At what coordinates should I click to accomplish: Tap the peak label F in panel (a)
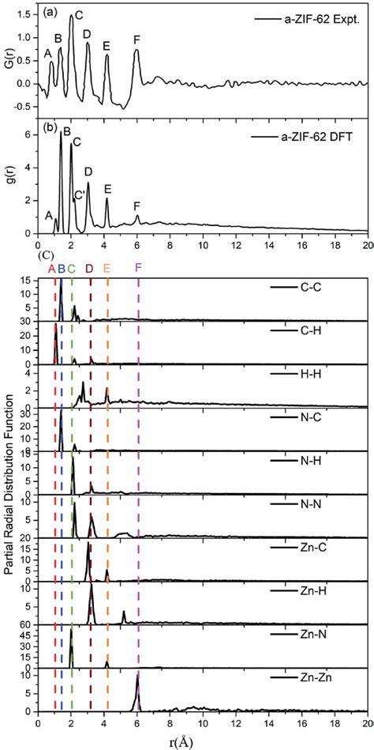tap(137, 40)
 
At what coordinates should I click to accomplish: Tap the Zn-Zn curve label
tap(323, 678)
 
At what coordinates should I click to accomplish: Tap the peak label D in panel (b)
tap(88, 171)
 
